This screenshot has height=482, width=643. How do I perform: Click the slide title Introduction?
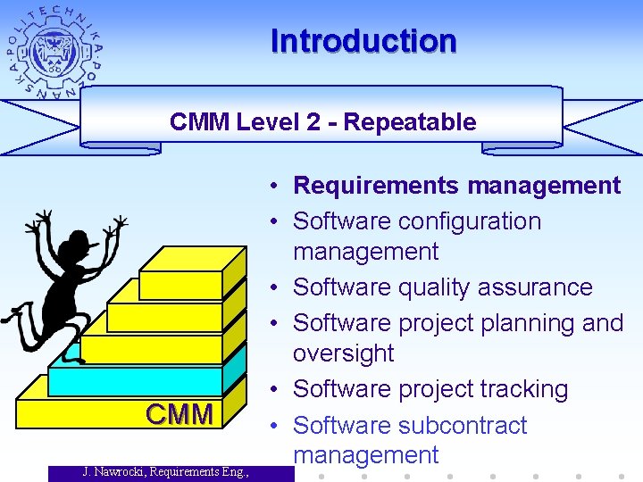[363, 41]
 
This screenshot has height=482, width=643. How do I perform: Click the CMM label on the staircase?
[180, 414]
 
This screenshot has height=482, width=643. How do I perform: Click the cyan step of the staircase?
[134, 380]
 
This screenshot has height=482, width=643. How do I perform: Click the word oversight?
[343, 353]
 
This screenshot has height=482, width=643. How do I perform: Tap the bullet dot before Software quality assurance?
[280, 288]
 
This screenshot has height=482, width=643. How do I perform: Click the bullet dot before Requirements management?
[280, 187]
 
